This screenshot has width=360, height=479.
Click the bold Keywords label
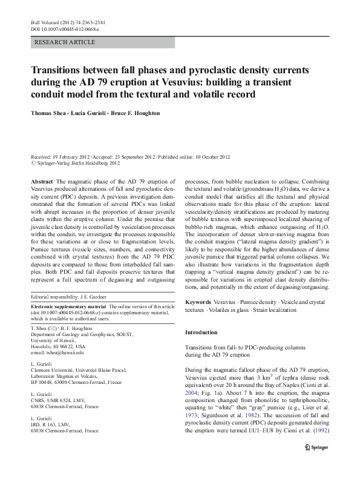pos(198,301)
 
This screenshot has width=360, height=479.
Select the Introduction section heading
pos(200,333)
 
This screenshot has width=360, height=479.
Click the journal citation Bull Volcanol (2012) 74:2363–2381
pos(66,22)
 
